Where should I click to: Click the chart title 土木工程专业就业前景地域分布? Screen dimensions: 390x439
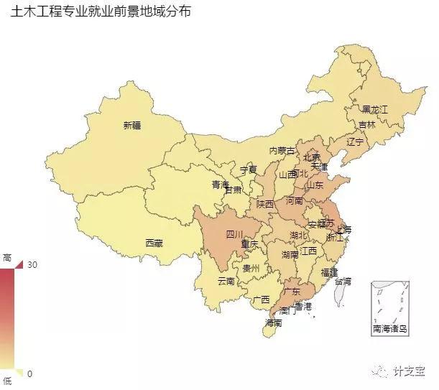point(101,13)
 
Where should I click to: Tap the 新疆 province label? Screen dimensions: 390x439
point(132,125)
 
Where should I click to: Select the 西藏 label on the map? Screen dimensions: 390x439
point(154,243)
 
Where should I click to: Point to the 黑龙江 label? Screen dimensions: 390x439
point(374,110)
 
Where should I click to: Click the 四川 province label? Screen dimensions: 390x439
point(235,234)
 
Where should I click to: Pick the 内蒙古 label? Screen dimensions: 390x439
point(282,151)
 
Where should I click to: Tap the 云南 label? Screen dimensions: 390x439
point(226,281)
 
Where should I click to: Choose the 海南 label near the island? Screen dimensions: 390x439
point(273,323)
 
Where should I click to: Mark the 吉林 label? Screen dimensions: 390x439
point(366,124)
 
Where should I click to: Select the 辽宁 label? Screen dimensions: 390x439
point(355,142)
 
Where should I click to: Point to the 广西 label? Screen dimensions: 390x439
point(261,300)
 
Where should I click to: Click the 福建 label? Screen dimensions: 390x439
point(330,272)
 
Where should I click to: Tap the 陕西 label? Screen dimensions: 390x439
point(265,204)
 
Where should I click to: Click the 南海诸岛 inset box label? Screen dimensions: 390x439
point(389,329)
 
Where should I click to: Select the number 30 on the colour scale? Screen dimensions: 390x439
point(32,265)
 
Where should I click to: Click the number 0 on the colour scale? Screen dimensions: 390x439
point(29,374)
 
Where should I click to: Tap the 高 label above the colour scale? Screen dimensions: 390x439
point(7,257)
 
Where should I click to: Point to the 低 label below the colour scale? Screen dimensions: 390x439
point(7,381)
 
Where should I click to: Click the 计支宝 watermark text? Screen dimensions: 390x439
point(410,371)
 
